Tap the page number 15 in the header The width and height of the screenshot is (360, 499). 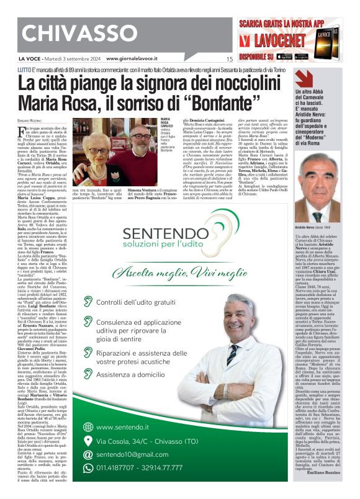click(229, 60)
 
